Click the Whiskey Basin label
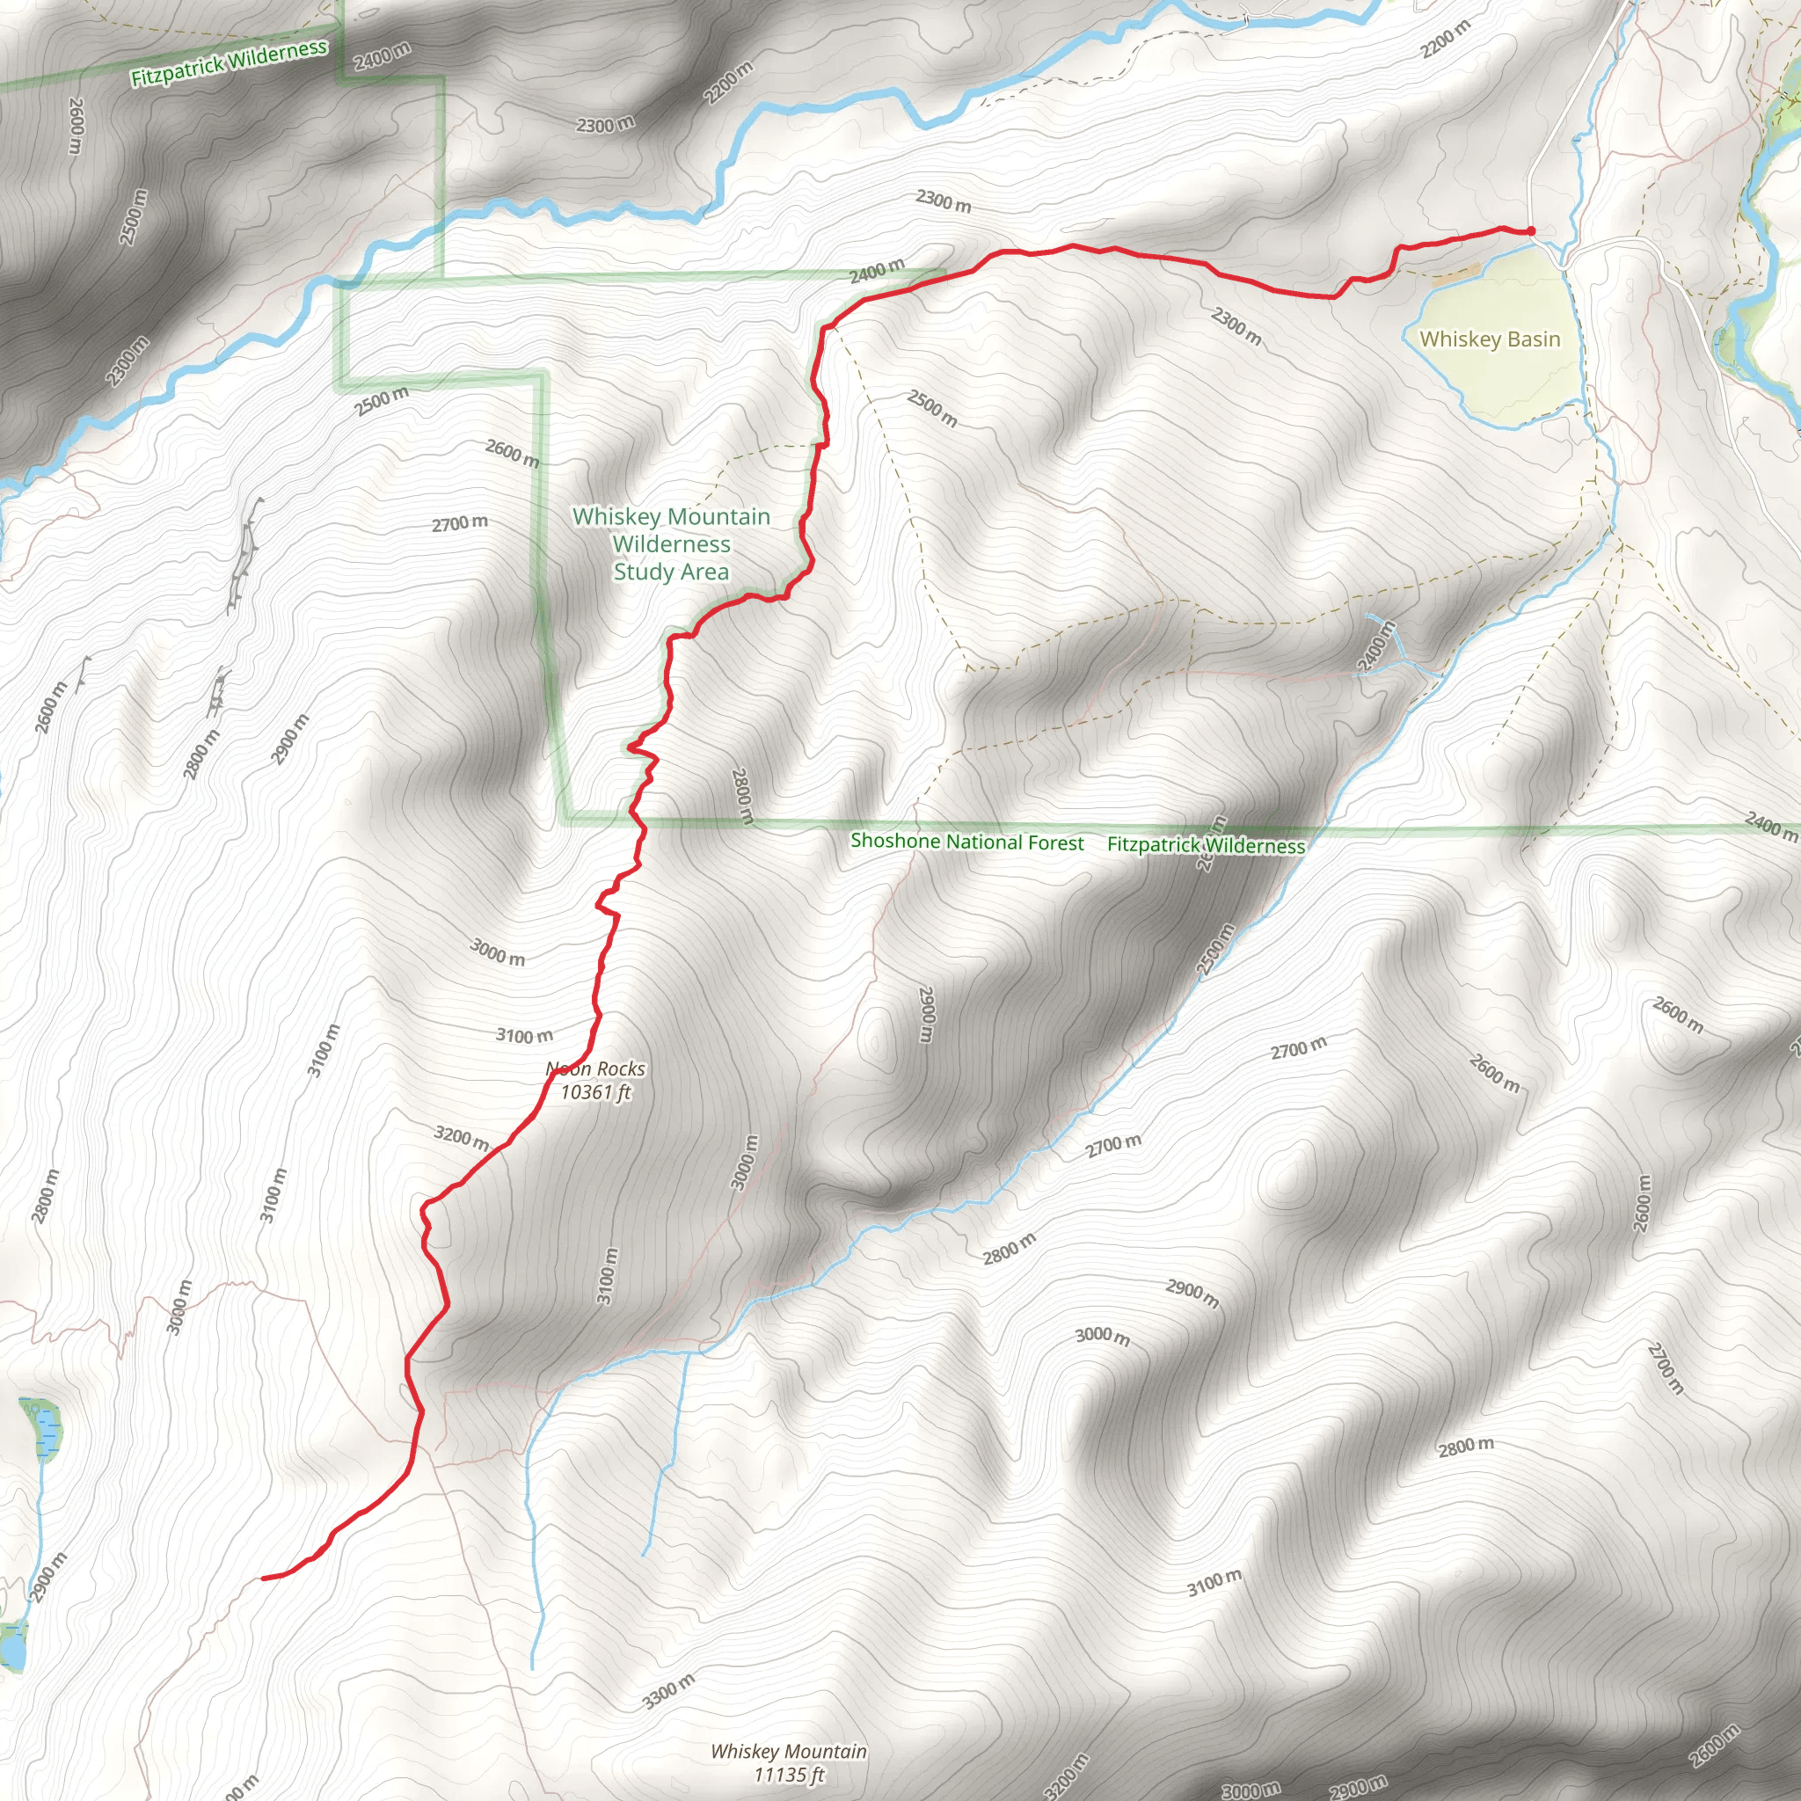[x=1490, y=339]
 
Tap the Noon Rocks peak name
[x=595, y=1068]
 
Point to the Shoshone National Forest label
[x=966, y=842]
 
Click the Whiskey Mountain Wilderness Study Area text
[x=671, y=543]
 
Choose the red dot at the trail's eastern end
[x=1531, y=231]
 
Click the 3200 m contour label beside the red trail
[x=462, y=1137]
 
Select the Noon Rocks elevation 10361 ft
[x=595, y=1091]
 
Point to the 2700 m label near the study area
[x=460, y=523]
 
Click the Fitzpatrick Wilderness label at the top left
[x=229, y=62]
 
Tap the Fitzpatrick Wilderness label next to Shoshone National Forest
[x=1206, y=845]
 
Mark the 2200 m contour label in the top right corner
[x=1445, y=38]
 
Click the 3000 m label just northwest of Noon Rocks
[x=498, y=952]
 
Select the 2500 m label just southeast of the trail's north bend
[x=932, y=408]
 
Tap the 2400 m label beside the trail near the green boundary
[x=876, y=270]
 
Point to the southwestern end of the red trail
[x=265, y=1579]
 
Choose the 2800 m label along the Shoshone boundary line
[x=742, y=795]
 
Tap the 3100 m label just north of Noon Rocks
[x=525, y=1035]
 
